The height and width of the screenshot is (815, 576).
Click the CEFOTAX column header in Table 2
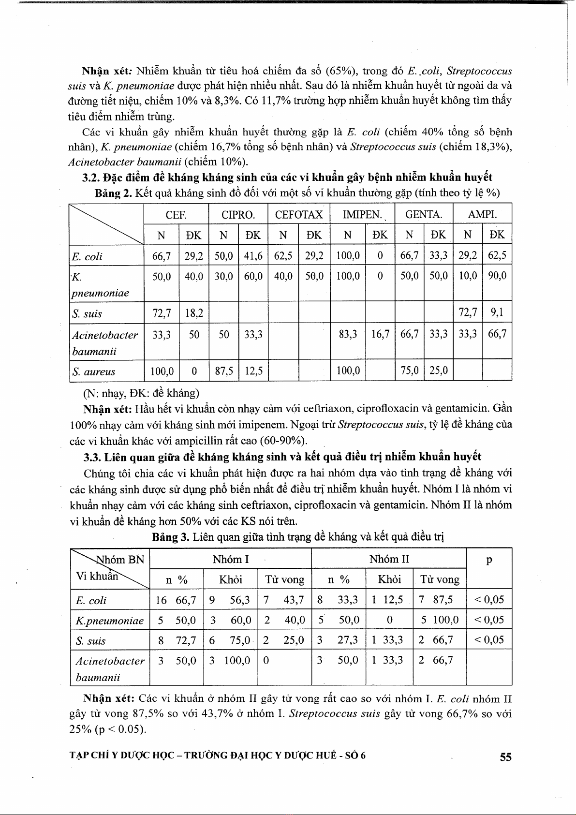tap(298, 215)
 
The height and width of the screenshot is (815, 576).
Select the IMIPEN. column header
tap(362, 215)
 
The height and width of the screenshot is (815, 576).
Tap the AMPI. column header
tap(482, 215)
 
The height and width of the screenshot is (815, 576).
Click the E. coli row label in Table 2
tap(87, 257)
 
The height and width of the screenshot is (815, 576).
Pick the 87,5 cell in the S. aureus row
tap(224, 371)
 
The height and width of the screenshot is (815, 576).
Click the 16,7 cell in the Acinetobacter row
tap(380, 334)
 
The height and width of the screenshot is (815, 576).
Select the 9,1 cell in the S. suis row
tap(497, 313)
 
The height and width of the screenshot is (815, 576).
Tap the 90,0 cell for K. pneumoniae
tap(497, 276)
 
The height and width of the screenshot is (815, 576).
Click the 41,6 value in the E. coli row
tap(253, 256)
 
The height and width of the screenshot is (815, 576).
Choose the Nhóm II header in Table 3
tap(389, 560)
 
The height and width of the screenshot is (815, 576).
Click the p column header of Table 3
tap(489, 561)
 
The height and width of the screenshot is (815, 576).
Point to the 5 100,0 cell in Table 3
tap(439, 620)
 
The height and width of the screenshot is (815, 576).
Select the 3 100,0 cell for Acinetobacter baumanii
tap(230, 661)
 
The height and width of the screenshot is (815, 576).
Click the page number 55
tap(505, 757)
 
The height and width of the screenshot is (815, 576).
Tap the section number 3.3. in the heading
tap(92, 457)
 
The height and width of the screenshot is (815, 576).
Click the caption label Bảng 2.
tap(113, 193)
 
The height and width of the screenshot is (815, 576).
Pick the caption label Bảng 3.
tap(170, 537)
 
